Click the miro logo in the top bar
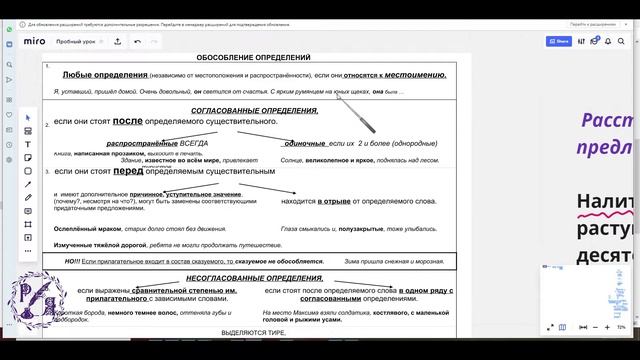pos(35,41)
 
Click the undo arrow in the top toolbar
pos(137,41)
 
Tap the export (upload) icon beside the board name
pos(117,41)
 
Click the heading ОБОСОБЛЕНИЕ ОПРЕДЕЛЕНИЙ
pos(254,59)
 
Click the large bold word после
pos(128,121)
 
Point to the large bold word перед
pos(128,171)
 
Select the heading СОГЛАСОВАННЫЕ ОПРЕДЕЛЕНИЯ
pos(254,110)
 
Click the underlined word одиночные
pos(305,144)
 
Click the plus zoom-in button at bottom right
pos(603,327)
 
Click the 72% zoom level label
pos(621,327)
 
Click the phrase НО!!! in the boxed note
pos(71,261)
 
